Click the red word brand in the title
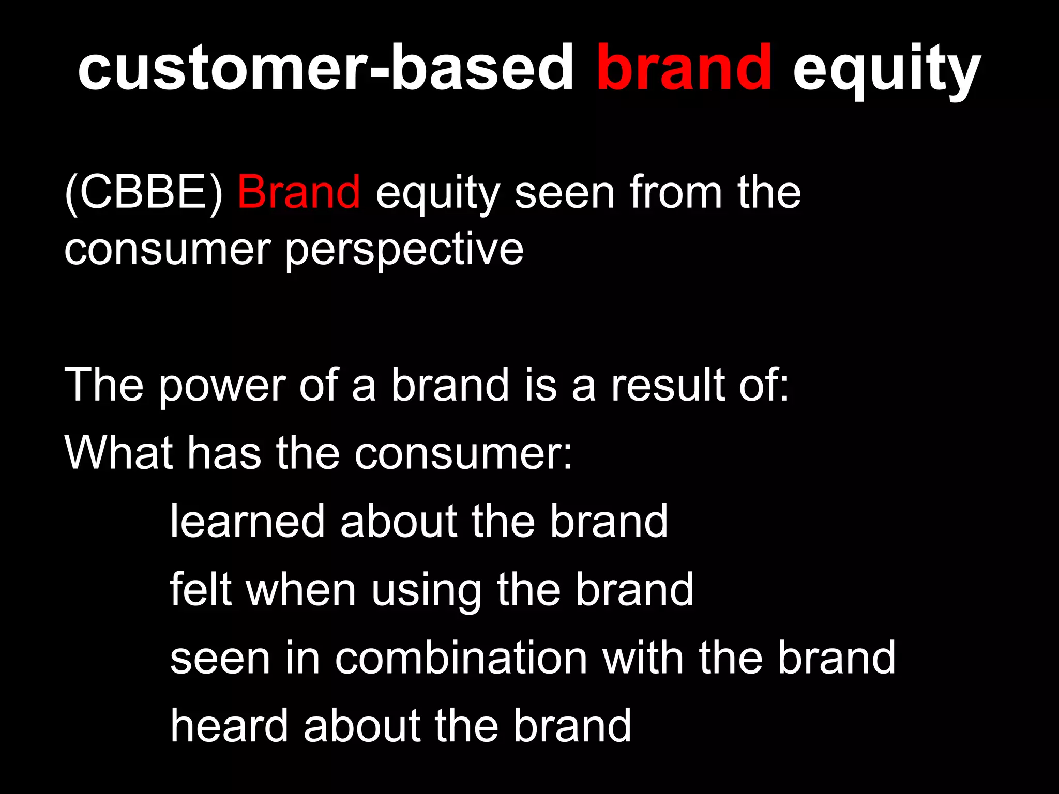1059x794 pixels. click(684, 68)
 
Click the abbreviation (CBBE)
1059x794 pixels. click(143, 193)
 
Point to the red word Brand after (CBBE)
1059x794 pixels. click(298, 192)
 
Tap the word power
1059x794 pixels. click(222, 387)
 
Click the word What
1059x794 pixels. click(118, 453)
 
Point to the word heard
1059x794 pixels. click(229, 726)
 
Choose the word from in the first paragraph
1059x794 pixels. click(675, 192)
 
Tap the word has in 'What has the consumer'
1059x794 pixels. click(224, 453)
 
